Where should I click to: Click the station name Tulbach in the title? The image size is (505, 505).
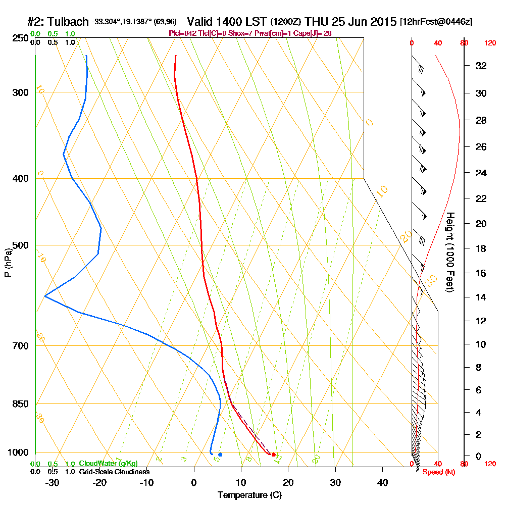68,22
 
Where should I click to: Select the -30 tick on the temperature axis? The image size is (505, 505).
53,482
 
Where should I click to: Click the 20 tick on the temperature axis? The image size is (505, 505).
288,482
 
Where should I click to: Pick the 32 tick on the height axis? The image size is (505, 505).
481,66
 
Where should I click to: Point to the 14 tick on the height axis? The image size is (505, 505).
481,297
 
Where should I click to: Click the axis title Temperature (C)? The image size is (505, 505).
249,495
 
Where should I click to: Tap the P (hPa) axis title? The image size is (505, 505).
8,262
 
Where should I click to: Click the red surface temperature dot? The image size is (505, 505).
274,455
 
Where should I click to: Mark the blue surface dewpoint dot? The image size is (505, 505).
220,454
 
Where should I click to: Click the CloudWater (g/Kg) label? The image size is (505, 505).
108,464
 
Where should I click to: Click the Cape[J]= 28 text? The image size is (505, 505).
317,33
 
